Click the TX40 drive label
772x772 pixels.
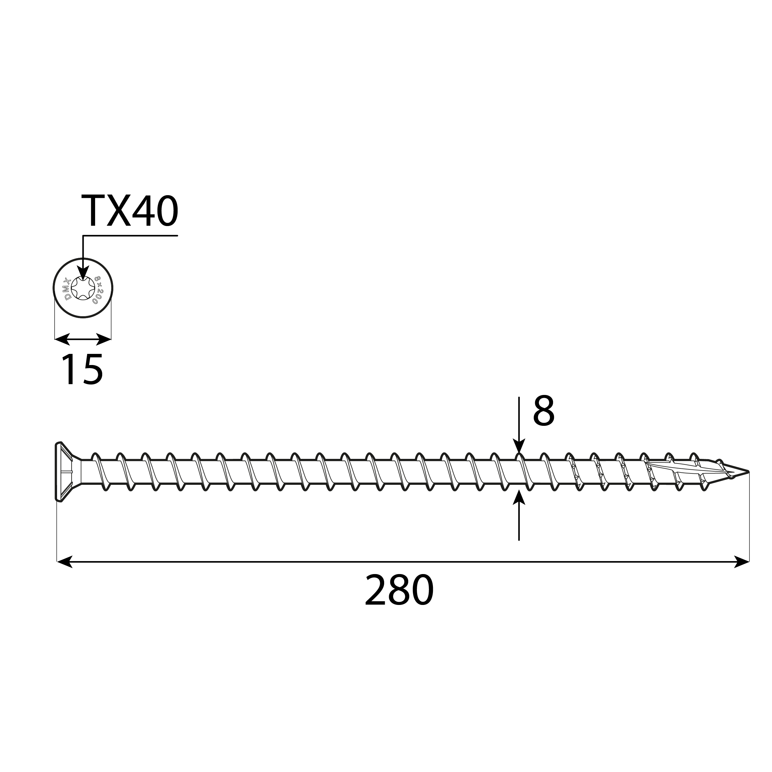point(129,212)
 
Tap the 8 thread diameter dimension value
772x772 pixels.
point(543,412)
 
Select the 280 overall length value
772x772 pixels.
point(399,591)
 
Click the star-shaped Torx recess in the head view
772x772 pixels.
point(83,288)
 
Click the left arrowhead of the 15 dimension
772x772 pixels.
point(62,339)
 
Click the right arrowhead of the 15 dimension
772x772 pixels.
point(104,339)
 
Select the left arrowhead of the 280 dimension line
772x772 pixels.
point(65,562)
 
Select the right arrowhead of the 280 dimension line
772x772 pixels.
point(742,562)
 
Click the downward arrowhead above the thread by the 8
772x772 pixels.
point(519,446)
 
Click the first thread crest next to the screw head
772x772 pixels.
point(95,456)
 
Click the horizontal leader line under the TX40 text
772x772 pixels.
point(130,236)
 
